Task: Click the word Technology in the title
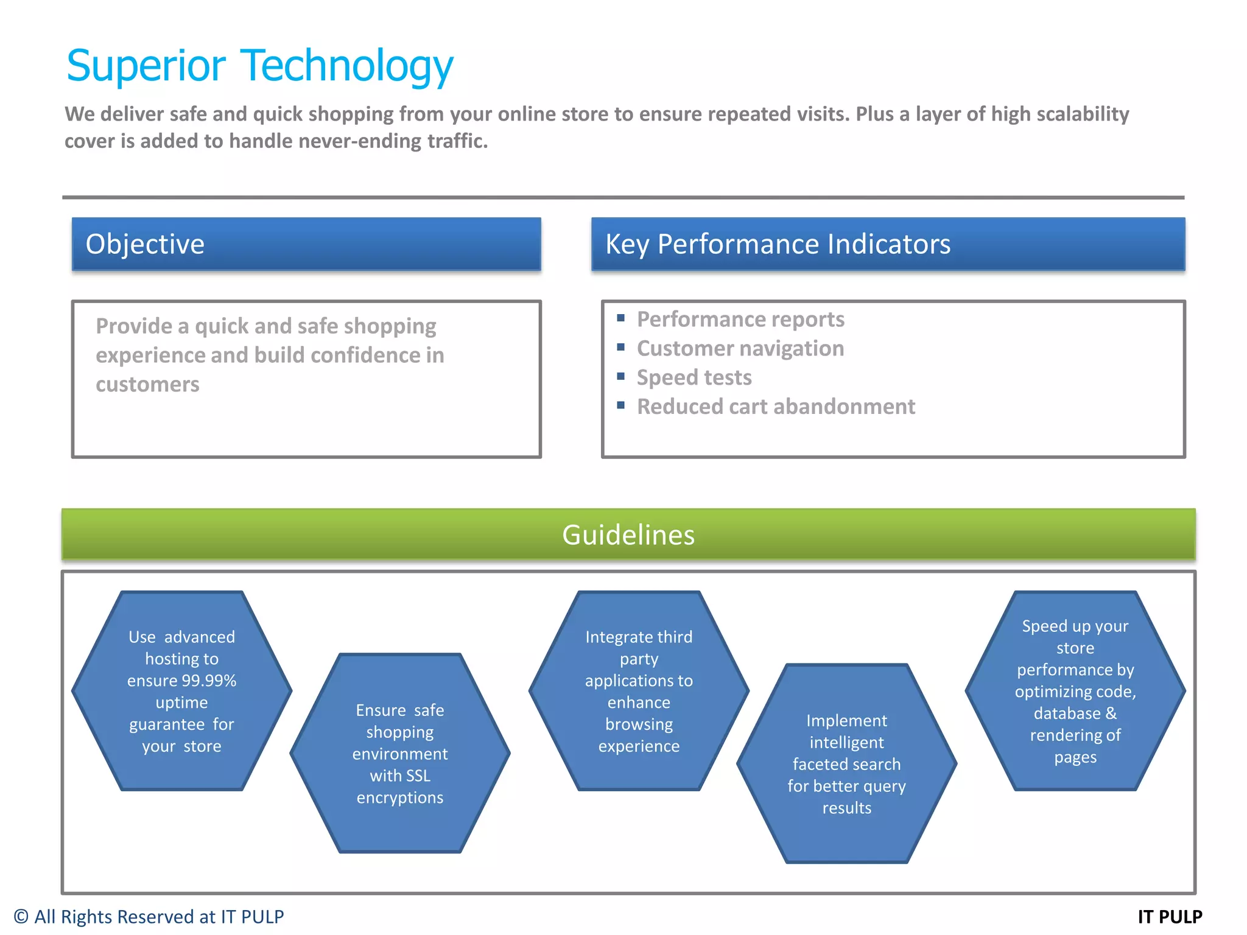coord(346,66)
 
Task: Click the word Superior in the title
coord(146,66)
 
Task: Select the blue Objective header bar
coord(306,244)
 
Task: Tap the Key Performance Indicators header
coord(888,244)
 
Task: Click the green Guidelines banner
coord(628,534)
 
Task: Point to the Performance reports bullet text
coord(740,320)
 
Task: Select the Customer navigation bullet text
coord(740,349)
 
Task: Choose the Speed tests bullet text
coord(694,378)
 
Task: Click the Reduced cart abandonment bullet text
coord(776,407)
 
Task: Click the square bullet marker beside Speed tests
coord(621,376)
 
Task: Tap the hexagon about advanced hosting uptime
coord(182,691)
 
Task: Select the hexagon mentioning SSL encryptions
coord(400,754)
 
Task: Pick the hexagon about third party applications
coord(639,691)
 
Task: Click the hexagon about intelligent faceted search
coord(846,763)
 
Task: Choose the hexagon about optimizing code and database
coord(1075,691)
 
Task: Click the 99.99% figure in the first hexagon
coord(209,681)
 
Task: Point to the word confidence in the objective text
coord(368,355)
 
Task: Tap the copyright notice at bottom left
coord(149,917)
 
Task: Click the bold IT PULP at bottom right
coord(1170,917)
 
